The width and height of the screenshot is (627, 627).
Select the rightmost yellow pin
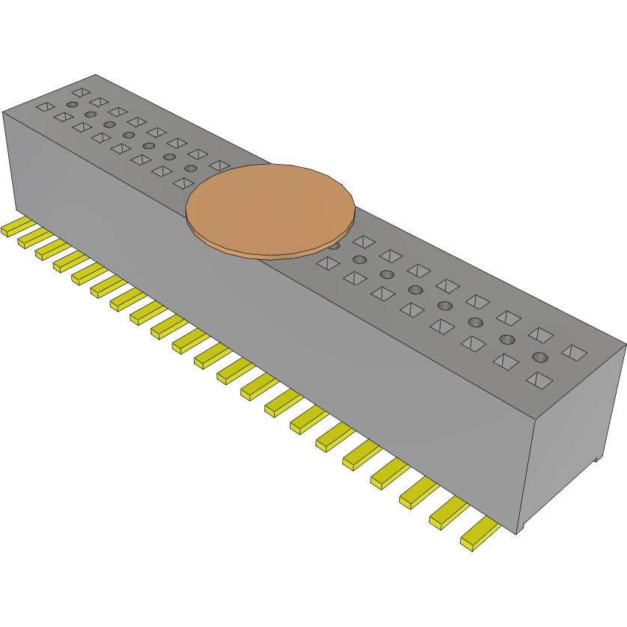[480, 536]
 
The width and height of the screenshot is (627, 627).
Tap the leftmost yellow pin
[15, 228]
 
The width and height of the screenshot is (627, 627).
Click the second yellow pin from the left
[31, 239]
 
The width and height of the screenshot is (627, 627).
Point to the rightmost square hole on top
[575, 351]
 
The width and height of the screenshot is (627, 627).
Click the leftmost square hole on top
[45, 107]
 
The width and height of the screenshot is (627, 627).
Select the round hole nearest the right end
[540, 357]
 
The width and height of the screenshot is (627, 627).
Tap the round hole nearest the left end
[72, 104]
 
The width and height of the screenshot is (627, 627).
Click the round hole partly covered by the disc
[334, 246]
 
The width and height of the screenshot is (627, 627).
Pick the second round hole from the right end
[507, 339]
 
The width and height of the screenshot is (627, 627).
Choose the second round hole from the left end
[91, 115]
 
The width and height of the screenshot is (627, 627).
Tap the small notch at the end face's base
[597, 459]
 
